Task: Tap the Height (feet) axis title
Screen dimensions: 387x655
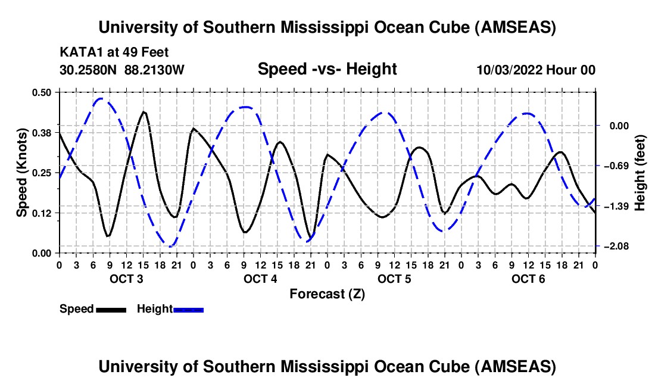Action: click(640, 172)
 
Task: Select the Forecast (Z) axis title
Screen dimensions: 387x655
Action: click(327, 294)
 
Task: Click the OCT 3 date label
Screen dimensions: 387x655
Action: click(126, 279)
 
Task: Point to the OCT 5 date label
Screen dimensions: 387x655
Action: click(394, 279)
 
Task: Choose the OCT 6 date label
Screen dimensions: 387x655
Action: click(528, 279)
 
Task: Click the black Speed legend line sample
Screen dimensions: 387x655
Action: click(111, 310)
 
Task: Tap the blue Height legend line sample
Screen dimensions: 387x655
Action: click(188, 310)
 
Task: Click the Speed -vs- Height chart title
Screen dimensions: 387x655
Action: click(327, 69)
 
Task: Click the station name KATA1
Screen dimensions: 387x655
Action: click(79, 52)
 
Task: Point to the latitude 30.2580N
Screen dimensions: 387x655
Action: click(89, 70)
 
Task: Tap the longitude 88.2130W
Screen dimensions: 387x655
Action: click(155, 70)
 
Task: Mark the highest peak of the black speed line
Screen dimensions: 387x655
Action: click(144, 111)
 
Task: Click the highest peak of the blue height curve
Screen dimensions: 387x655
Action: click(101, 99)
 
